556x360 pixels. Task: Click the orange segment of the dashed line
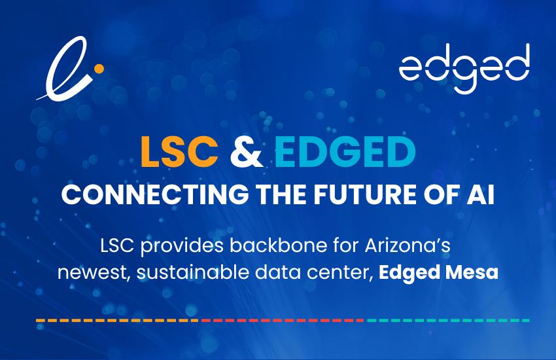point(118,320)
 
